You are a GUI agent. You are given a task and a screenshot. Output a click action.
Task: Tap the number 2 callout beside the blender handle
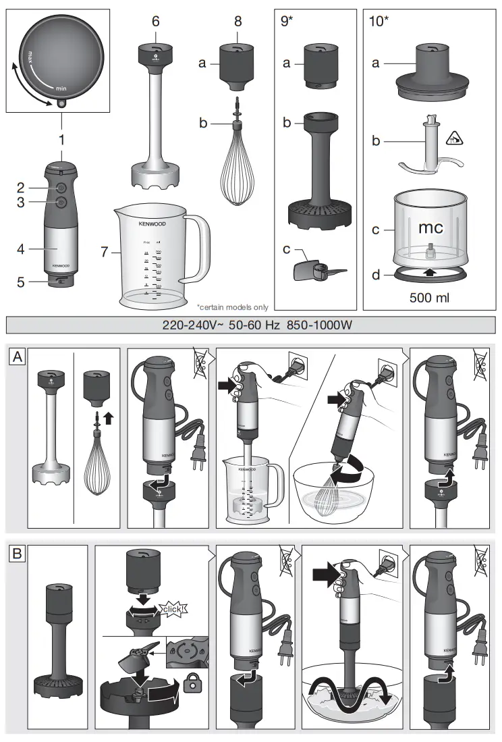pos(21,187)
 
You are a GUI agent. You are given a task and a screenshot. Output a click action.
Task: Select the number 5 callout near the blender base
pos(21,282)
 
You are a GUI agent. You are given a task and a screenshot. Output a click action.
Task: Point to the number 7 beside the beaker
pos(104,253)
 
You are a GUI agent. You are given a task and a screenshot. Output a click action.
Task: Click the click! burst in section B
pos(171,610)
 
